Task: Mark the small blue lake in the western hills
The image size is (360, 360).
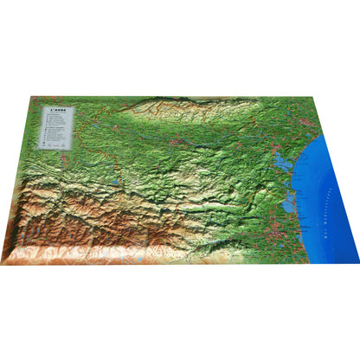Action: [115, 183]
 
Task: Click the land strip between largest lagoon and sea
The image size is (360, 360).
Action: [295, 164]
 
